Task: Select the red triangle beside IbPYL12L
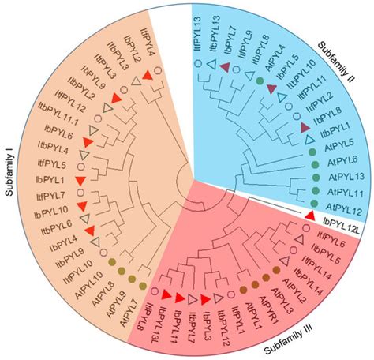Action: point(310,216)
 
